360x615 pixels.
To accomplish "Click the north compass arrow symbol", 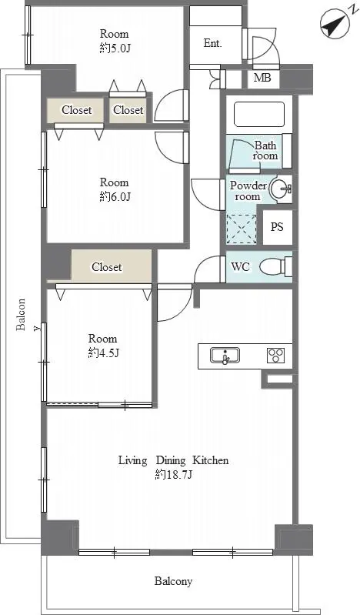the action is (x=334, y=25).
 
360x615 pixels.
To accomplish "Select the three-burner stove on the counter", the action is (x=276, y=356).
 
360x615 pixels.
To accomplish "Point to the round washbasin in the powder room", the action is (x=281, y=190).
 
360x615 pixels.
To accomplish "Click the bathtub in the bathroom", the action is (x=258, y=114).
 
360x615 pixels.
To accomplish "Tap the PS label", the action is (x=277, y=227).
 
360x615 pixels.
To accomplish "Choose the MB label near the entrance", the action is (x=262, y=78).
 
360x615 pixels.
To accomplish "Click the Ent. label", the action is (x=213, y=44).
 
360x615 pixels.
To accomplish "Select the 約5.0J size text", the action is (x=115, y=48).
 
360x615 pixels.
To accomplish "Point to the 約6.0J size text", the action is (x=115, y=196).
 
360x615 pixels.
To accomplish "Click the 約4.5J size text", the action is (x=103, y=353).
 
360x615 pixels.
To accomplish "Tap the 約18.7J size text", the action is (x=174, y=475).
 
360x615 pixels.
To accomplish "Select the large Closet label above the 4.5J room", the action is (x=107, y=267).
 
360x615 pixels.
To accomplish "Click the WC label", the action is (x=241, y=267).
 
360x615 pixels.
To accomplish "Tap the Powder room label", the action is (x=248, y=191).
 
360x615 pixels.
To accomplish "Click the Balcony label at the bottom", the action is (x=173, y=581).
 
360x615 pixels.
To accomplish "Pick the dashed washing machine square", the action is (x=242, y=229).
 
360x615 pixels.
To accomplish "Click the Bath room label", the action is (x=265, y=150).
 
